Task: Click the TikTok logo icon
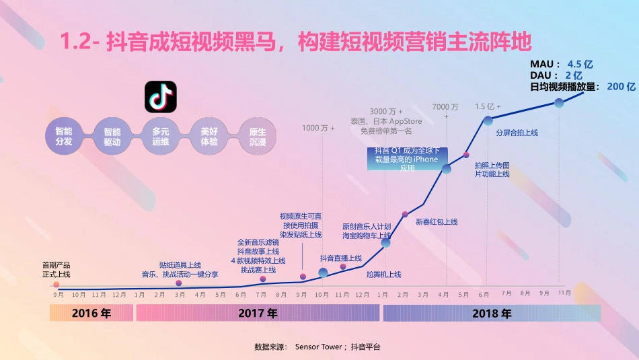(x=161, y=97)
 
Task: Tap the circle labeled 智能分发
(x=64, y=137)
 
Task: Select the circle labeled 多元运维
(x=161, y=137)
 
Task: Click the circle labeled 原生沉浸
(x=258, y=137)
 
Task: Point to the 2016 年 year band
(x=91, y=314)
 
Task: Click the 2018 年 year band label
(x=492, y=314)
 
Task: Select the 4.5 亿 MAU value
(x=580, y=65)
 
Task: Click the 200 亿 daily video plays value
(x=621, y=87)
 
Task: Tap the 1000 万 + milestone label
(x=318, y=128)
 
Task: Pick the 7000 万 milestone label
(x=445, y=107)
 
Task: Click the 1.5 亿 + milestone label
(x=488, y=106)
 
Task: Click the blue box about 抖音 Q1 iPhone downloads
(x=407, y=159)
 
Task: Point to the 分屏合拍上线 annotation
(x=517, y=133)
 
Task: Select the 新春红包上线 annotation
(x=437, y=222)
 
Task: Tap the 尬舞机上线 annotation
(x=383, y=275)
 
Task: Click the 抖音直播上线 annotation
(x=340, y=258)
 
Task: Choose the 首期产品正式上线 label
(x=56, y=270)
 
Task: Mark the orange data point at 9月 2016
(x=56, y=285)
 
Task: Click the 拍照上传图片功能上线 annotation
(x=492, y=170)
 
